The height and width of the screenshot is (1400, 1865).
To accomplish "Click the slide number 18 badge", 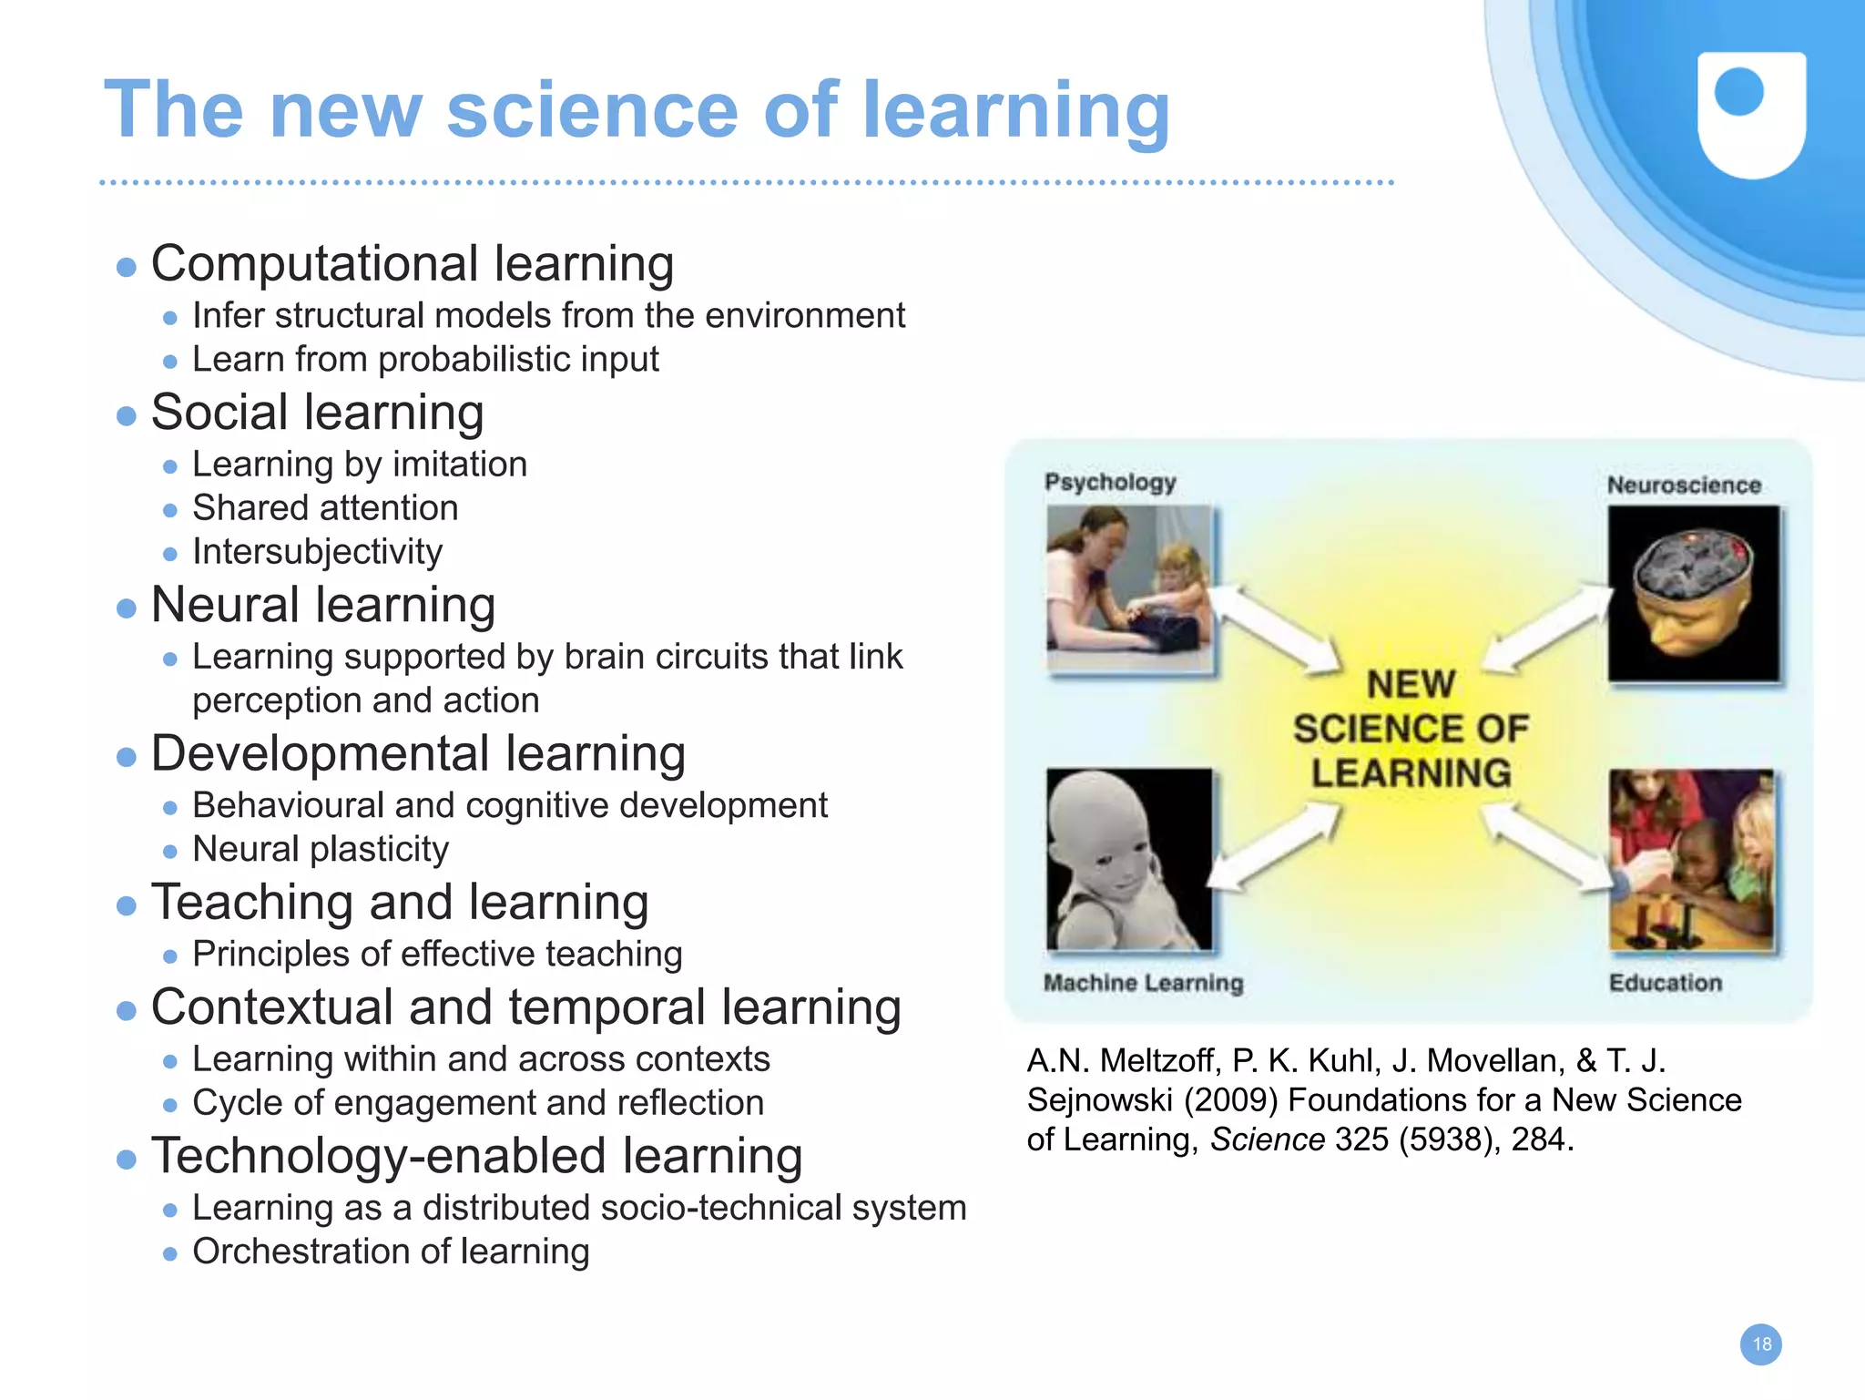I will click(1760, 1344).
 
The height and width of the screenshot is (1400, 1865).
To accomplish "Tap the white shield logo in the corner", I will click(1751, 114).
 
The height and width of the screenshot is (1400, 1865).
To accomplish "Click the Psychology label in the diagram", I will click(1110, 482).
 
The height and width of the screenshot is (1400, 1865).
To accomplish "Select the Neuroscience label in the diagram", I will click(1684, 485).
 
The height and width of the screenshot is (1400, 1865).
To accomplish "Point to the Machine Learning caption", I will click(1143, 983).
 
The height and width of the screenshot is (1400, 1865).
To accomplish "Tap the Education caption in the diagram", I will click(1665, 983).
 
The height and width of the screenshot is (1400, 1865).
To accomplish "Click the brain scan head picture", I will click(1693, 594).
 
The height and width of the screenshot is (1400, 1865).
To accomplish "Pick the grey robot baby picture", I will click(1129, 860).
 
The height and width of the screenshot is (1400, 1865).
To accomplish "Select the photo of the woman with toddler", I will click(1129, 589).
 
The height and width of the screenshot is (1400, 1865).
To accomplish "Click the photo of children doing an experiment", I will click(1691, 860).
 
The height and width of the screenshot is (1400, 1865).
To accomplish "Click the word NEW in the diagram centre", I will click(1411, 685).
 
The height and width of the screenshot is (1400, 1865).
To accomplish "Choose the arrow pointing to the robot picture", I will click(1275, 847).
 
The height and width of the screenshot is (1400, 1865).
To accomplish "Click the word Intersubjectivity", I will click(317, 552).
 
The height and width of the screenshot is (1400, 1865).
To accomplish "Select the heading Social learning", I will click(317, 412).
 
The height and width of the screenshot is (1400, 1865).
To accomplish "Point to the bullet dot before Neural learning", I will click(127, 608).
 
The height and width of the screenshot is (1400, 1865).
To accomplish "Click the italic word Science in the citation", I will click(1267, 1139).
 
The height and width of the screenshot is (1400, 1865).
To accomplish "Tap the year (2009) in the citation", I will click(1231, 1100).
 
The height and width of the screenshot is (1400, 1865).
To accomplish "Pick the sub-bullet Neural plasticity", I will click(321, 849).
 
